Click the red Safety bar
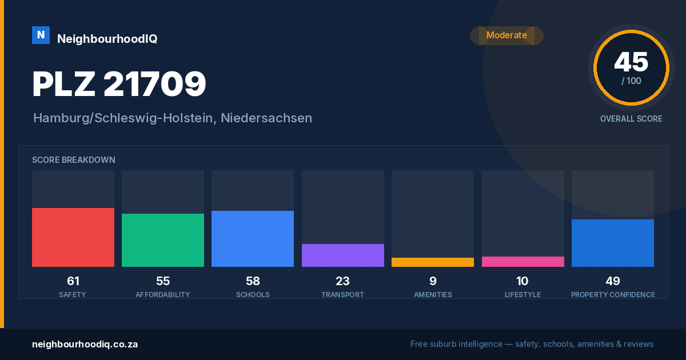(73, 237)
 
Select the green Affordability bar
(163, 240)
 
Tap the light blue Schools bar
(253, 239)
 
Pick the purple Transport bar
(342, 255)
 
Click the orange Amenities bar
(433, 262)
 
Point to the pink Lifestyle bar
(523, 262)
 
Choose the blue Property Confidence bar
(613, 243)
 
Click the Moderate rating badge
(507, 35)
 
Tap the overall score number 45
(631, 62)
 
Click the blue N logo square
(41, 35)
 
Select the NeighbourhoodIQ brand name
(107, 39)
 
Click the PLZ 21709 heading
(119, 83)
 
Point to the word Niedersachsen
(266, 118)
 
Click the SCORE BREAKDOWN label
(74, 160)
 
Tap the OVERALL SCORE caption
(631, 119)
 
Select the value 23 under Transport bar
(342, 281)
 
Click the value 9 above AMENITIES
(433, 281)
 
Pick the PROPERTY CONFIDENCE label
(613, 294)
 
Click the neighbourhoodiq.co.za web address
(85, 345)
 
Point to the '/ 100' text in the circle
(631, 81)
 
